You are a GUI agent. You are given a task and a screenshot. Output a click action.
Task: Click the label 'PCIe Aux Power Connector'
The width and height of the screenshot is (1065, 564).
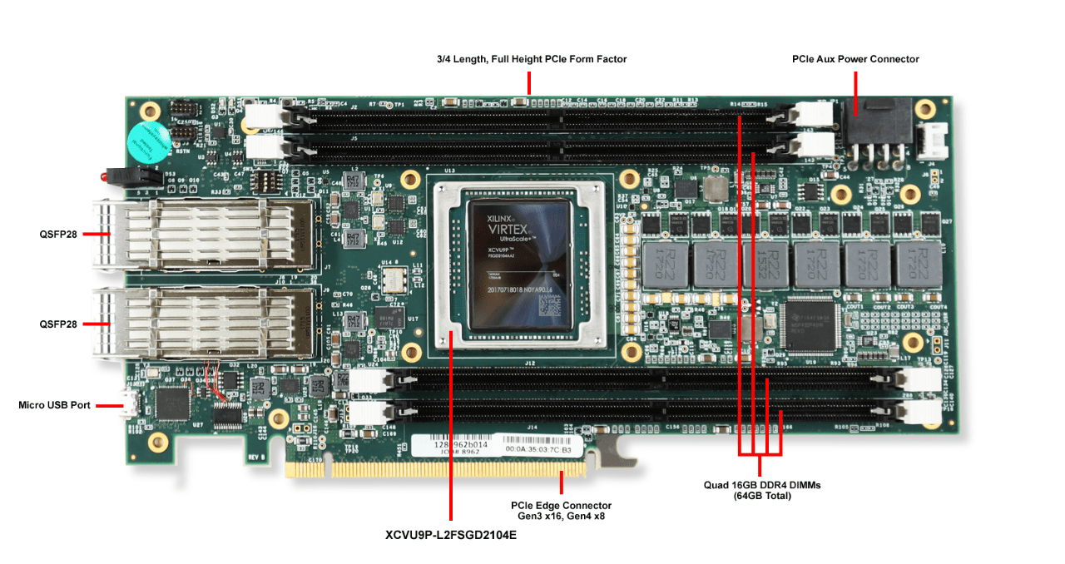click(855, 59)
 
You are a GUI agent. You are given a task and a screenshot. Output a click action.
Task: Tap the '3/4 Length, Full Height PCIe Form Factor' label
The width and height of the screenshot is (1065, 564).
click(531, 59)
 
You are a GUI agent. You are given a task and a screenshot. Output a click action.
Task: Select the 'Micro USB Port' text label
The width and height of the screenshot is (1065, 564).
click(54, 406)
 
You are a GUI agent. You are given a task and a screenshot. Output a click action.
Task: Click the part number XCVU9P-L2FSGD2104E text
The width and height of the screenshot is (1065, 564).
click(450, 536)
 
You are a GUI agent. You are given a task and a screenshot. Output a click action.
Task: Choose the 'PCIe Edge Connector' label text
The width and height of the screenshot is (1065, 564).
click(561, 505)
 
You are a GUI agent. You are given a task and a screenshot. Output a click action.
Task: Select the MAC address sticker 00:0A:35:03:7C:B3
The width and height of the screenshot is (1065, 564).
click(538, 449)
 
